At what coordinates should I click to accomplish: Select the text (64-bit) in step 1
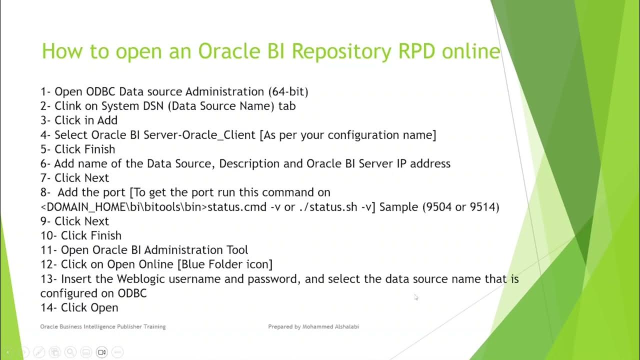coord(288,91)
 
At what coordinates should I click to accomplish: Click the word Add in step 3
coord(107,120)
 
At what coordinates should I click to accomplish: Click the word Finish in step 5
coord(99,149)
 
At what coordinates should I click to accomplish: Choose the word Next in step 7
coord(96,178)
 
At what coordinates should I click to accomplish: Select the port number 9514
coord(484,207)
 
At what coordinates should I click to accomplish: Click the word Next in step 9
coord(96,221)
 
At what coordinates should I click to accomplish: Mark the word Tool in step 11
coord(236,250)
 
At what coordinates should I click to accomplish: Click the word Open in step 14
coord(104,307)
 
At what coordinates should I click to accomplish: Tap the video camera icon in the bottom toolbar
coord(101,352)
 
